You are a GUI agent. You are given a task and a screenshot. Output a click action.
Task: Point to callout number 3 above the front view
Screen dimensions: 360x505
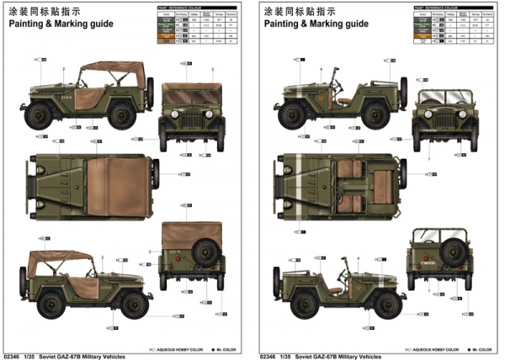(x=213, y=68)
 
